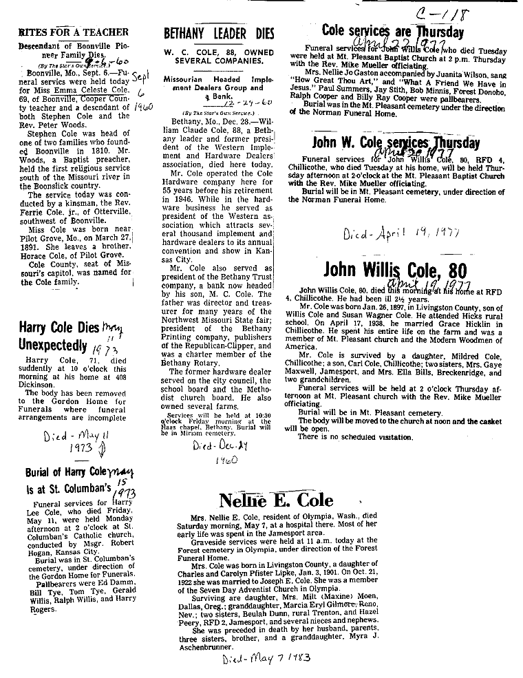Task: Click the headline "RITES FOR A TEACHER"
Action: click(x=74, y=32)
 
